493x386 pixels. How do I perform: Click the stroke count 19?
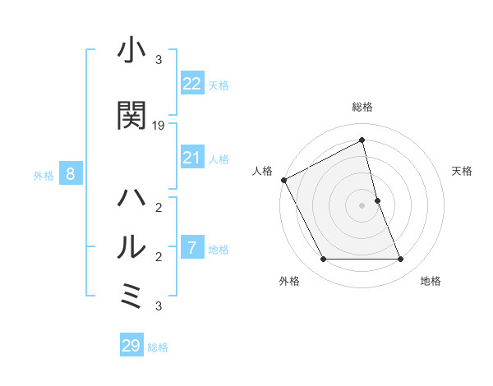pos(159,126)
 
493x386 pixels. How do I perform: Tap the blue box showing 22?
pos(192,84)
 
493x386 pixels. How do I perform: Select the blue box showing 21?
pos(192,158)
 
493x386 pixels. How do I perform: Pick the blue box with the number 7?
pos(192,247)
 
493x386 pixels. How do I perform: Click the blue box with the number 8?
pos(71,174)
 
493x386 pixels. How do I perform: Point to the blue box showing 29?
pos(131,346)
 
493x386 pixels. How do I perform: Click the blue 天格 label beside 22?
pos(219,85)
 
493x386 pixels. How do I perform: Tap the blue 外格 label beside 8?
pos(44,175)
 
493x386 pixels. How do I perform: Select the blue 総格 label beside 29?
pos(158,347)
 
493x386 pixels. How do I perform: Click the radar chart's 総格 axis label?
pos(362,107)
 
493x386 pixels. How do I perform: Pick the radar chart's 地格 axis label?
pos(431,281)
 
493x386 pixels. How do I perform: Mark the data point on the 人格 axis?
pos(283,180)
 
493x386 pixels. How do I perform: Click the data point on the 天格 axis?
pos(377,200)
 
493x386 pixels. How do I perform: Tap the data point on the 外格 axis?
pos(323,260)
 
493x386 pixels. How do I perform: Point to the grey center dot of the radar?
pos(362,205)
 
